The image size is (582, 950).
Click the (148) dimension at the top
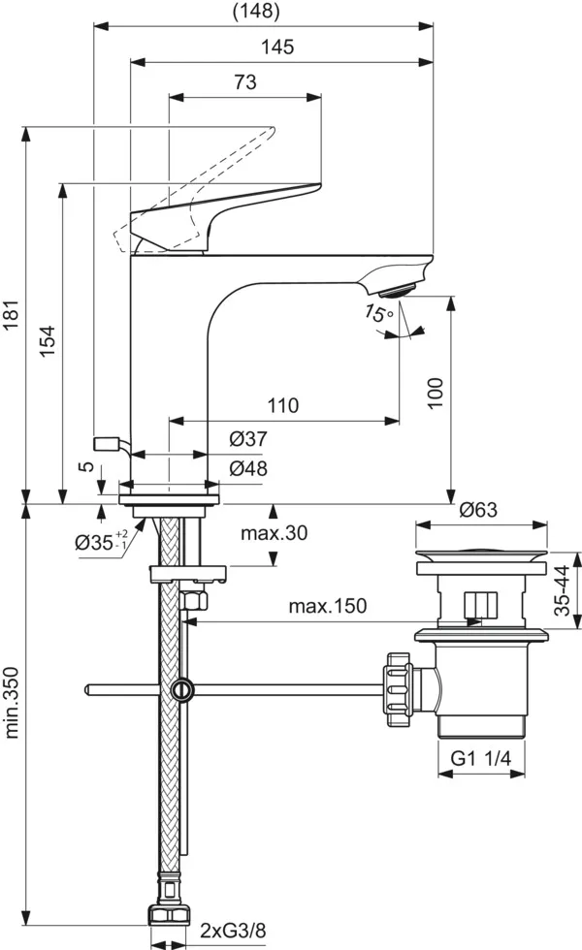(256, 12)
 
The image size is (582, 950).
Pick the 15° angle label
(378, 313)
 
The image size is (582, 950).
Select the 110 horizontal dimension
(283, 405)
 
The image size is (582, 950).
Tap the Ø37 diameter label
(248, 439)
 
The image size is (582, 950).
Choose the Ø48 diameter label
(248, 468)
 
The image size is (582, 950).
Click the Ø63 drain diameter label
(477, 508)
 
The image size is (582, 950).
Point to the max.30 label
(273, 532)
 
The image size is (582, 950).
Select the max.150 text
(328, 607)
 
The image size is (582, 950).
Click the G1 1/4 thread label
(482, 762)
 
